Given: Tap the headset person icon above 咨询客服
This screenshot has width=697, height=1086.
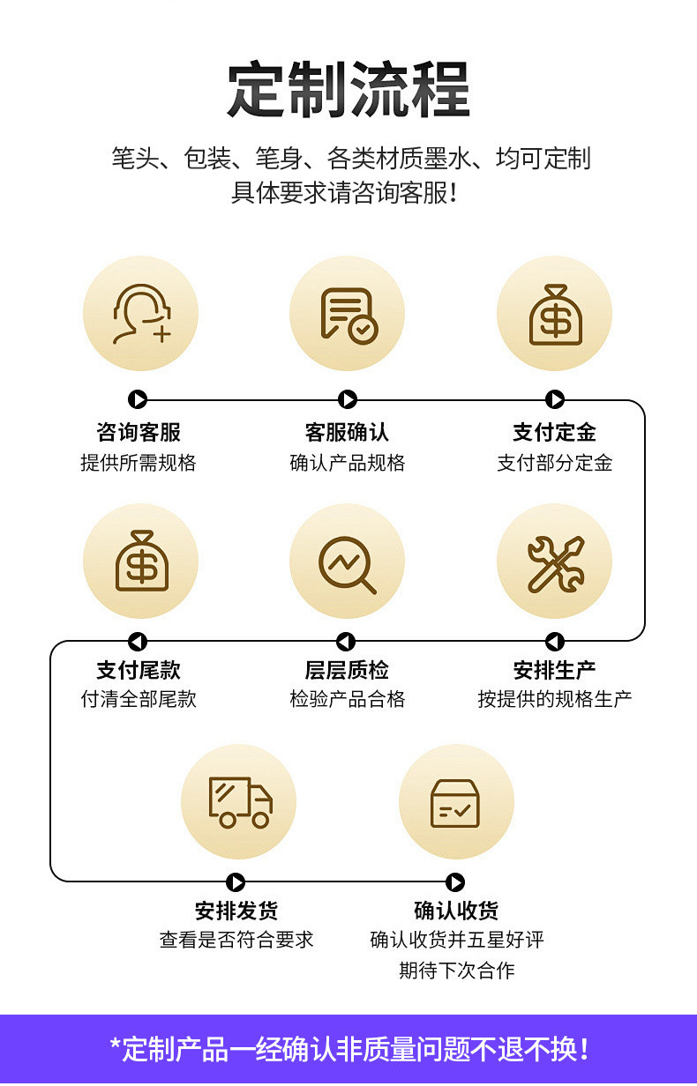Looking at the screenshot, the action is coord(140,314).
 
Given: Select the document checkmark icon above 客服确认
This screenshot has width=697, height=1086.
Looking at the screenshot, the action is coord(348,314).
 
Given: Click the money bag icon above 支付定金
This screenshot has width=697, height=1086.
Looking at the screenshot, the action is coord(555,314).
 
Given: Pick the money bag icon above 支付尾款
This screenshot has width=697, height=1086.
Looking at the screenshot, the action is coord(140,561).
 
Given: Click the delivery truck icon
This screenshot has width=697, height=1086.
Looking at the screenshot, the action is coord(239,801).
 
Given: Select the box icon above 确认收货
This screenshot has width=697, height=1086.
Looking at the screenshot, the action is coord(455,802).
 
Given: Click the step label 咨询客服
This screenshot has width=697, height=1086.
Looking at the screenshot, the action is coord(139,432).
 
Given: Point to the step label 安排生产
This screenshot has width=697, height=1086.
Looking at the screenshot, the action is coord(554,670).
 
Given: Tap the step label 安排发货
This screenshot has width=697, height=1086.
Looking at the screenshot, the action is coord(236,911).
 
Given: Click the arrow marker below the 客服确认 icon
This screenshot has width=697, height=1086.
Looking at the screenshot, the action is coord(348,400).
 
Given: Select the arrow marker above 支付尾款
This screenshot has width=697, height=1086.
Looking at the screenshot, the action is coord(137,642).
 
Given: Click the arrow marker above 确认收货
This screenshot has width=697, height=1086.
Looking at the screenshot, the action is coord(455,882).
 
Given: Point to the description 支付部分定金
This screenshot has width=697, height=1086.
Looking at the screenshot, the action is coord(554,463).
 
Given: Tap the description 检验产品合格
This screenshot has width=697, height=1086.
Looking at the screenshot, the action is coord(348,699).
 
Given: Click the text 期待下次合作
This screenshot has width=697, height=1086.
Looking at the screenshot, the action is coord(456,971).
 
